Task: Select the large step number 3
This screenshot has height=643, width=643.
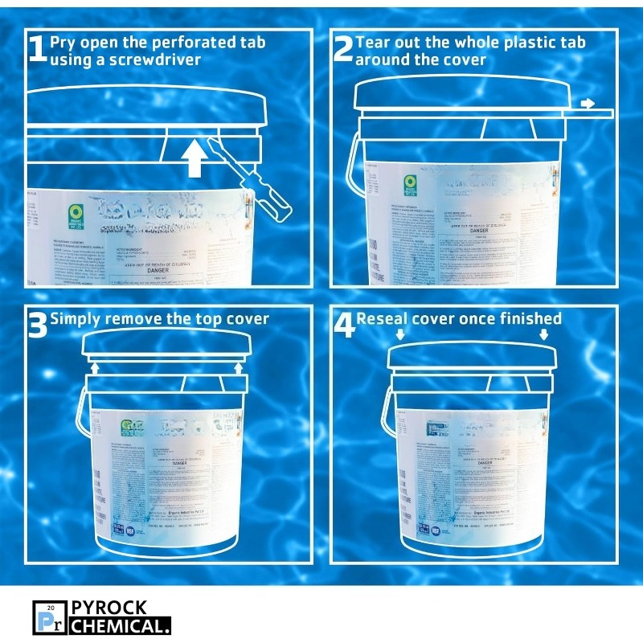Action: click(37, 325)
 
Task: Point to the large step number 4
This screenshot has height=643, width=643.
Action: click(343, 325)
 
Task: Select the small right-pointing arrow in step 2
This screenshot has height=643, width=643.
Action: click(589, 103)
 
